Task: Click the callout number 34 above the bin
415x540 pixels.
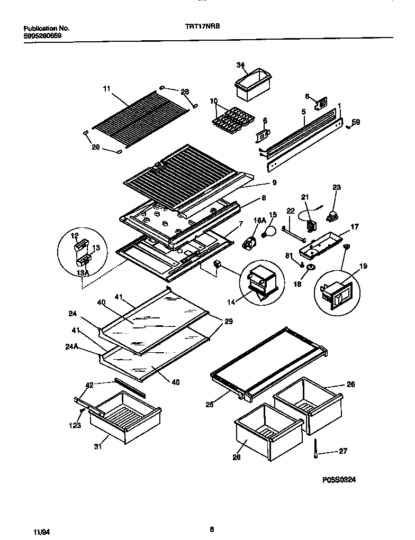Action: point(241,66)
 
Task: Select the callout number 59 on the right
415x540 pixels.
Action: point(356,123)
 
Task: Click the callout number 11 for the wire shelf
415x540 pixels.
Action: point(107,89)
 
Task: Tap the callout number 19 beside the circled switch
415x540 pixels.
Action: point(364,267)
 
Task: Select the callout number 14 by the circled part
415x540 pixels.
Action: point(231,303)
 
